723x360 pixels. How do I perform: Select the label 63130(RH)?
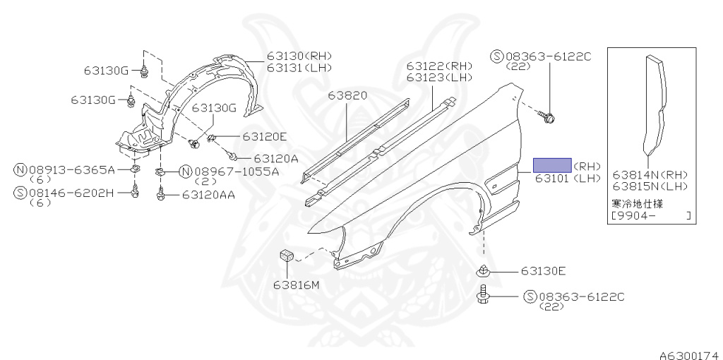tap(299, 56)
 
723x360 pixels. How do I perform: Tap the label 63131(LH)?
tap(299, 67)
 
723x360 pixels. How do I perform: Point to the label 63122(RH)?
tap(438, 66)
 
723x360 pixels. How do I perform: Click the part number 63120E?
tap(265, 136)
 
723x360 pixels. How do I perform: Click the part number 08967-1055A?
tap(236, 172)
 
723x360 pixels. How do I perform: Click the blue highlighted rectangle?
tap(552, 165)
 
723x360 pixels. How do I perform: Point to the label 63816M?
tap(297, 284)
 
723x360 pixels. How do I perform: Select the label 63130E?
tap(544, 270)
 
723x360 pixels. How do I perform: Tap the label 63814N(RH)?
tap(650, 174)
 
